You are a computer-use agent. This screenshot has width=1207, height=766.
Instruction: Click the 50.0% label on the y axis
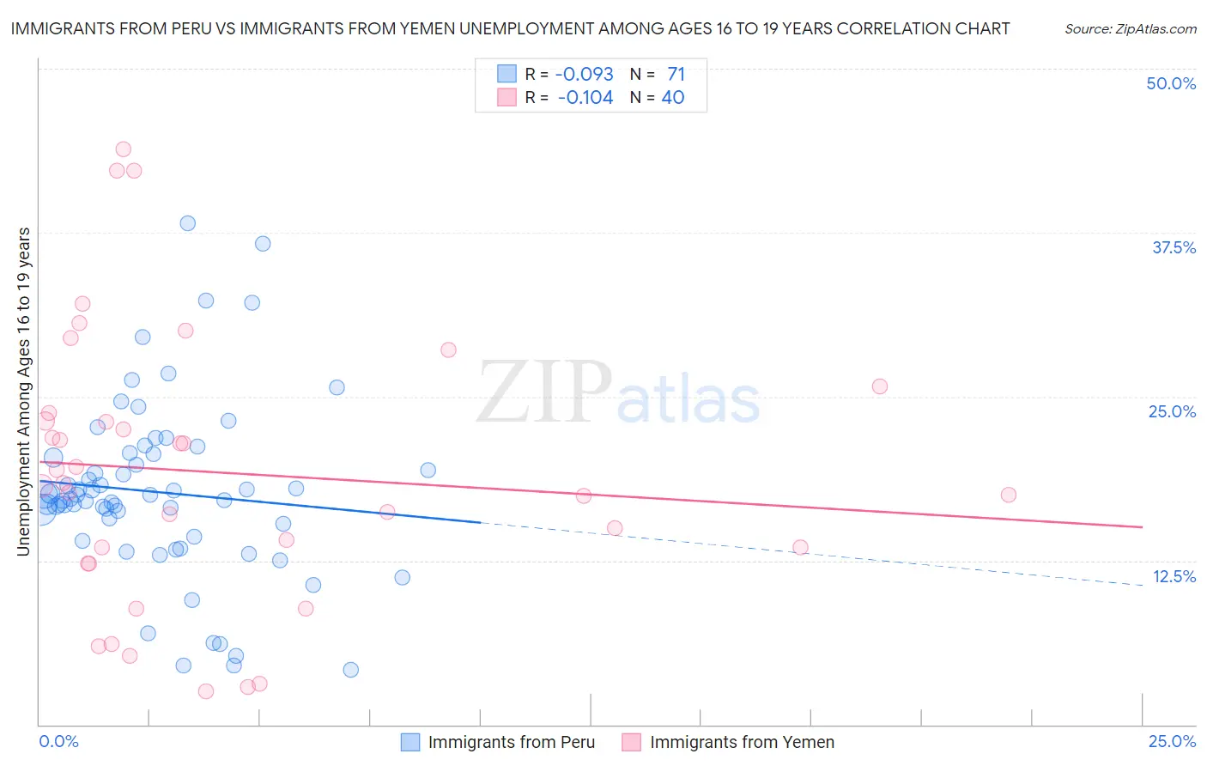1171,83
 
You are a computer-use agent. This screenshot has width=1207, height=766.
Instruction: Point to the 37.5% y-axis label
1174,247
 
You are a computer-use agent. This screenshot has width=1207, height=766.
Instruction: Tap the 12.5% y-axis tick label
1174,576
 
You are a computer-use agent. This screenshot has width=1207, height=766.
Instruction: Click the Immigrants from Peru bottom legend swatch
411,743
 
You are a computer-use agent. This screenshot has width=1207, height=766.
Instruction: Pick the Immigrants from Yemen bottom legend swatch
632,743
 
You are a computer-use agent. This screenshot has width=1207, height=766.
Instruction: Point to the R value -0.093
584,74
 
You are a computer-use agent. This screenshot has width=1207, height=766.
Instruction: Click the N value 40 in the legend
672,98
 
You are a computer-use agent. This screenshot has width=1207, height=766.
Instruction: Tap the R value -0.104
585,98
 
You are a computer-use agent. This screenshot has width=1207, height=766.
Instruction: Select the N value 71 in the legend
676,74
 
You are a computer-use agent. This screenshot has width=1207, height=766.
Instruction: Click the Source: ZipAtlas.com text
1130,28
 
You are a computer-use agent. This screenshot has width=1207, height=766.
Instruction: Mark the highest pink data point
123,149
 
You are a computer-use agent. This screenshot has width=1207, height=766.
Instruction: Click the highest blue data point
187,223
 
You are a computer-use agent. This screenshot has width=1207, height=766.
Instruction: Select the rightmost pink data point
1009,495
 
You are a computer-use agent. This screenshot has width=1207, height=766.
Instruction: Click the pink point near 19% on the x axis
879,386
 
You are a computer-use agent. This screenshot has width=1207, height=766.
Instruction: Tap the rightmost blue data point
428,470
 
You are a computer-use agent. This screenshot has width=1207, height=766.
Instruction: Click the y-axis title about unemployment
24,392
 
